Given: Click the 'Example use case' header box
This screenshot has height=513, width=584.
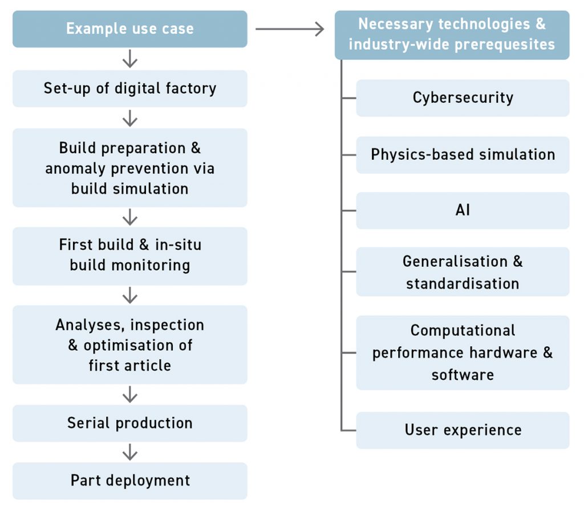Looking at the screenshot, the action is [130, 29].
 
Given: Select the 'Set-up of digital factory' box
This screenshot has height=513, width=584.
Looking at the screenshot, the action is [130, 89].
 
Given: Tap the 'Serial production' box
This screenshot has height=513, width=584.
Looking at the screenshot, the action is [130, 423].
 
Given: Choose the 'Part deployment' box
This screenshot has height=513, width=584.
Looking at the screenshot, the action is [130, 480].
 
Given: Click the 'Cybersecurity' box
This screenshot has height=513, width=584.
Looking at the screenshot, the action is [463, 98].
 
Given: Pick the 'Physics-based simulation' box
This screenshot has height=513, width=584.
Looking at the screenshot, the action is [463, 154].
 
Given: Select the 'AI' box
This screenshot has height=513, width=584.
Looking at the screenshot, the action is [463, 210].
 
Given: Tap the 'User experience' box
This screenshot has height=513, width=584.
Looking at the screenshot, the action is [463, 430].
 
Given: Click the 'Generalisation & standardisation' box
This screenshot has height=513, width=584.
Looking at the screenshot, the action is [463, 272].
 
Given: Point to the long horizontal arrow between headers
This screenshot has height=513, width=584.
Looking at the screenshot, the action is [290, 29].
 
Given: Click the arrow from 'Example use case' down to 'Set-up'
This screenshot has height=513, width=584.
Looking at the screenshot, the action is [130, 58].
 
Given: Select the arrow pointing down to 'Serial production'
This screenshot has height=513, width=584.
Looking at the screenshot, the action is [130, 394].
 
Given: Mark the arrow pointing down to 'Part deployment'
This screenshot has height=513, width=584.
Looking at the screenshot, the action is [130, 452].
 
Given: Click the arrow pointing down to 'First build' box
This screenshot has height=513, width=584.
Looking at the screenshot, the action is [130, 217].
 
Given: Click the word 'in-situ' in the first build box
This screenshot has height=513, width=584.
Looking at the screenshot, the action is [178, 245].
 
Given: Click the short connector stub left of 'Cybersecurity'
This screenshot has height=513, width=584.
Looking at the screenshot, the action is [348, 98].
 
